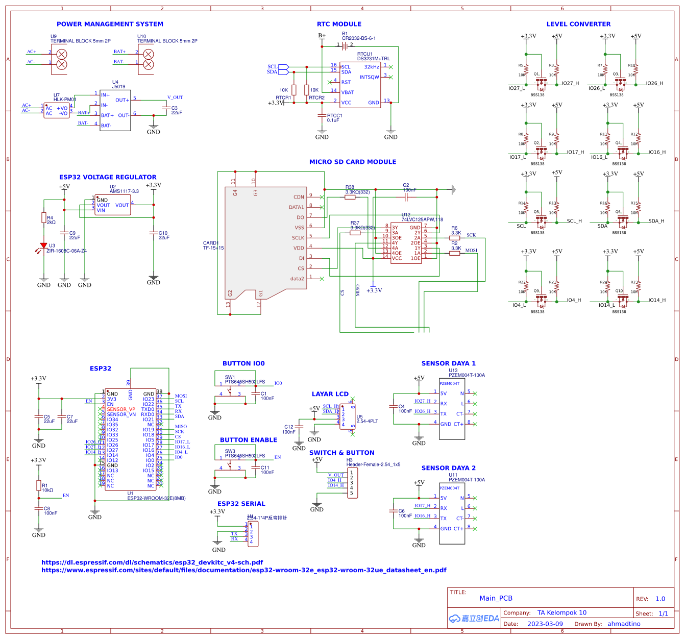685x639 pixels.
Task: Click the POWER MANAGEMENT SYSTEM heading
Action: pyautogui.click(x=110, y=24)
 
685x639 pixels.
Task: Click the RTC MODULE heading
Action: pyautogui.click(x=339, y=24)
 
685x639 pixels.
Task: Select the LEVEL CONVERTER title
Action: pyautogui.click(x=578, y=24)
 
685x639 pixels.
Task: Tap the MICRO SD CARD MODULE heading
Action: pyautogui.click(x=353, y=162)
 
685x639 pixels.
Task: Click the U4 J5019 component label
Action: pyautogui.click(x=118, y=85)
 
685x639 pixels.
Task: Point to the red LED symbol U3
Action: pyautogui.click(x=43, y=247)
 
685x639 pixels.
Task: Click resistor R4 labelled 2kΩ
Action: pyautogui.click(x=44, y=218)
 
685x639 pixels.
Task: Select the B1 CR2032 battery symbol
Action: pyautogui.click(x=345, y=45)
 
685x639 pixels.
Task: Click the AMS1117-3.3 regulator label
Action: pyautogui.click(x=124, y=191)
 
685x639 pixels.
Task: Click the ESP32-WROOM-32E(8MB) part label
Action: pyautogui.click(x=156, y=498)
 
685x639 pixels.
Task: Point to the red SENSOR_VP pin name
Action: pyautogui.click(x=121, y=409)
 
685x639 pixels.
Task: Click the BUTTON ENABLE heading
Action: pyautogui.click(x=249, y=440)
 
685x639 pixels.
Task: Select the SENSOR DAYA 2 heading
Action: pyautogui.click(x=448, y=468)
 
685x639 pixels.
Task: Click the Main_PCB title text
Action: pyautogui.click(x=496, y=598)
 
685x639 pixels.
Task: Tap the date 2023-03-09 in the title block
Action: pyautogui.click(x=545, y=624)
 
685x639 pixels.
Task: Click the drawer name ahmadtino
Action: pyautogui.click(x=624, y=624)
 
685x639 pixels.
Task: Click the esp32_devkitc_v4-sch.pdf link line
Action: pyautogui.click(x=152, y=562)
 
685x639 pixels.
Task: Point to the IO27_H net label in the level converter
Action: pyautogui.click(x=570, y=83)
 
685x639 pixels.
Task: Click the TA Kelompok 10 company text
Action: pyautogui.click(x=561, y=612)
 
